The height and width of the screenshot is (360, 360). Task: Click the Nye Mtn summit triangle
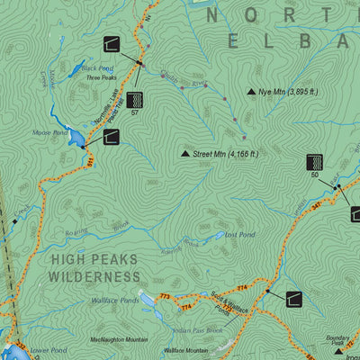click(x=251, y=93)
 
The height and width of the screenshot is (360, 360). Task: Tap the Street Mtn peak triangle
click(x=185, y=155)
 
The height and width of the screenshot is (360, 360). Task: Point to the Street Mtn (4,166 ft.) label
click(x=225, y=154)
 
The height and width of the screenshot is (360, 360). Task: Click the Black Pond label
click(x=97, y=68)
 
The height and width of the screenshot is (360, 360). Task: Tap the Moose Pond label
click(x=49, y=132)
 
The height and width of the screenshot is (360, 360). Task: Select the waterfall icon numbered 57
click(x=135, y=99)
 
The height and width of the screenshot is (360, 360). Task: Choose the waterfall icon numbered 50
click(x=315, y=162)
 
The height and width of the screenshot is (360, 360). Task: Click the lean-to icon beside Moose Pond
click(x=112, y=137)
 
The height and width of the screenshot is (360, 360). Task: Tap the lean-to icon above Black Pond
click(x=112, y=45)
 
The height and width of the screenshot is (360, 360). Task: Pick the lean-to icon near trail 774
click(x=295, y=299)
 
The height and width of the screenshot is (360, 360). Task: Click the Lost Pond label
click(x=240, y=234)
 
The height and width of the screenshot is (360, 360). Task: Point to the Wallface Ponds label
click(x=114, y=301)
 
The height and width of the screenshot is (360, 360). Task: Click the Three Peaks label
click(x=100, y=78)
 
